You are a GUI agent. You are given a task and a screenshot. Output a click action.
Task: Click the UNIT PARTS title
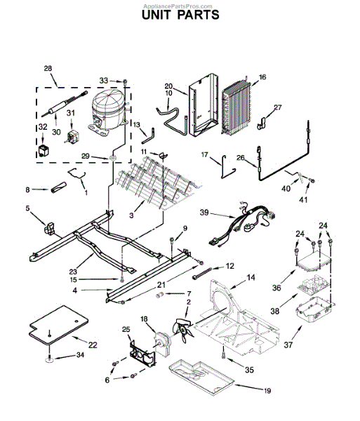click(180, 14)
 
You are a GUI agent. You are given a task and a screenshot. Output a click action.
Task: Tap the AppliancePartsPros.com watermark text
click(180, 4)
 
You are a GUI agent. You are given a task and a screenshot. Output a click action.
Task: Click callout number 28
click(48, 68)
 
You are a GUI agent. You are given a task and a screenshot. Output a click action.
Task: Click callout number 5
click(27, 208)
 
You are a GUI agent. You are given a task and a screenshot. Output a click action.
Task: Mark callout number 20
click(168, 86)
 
